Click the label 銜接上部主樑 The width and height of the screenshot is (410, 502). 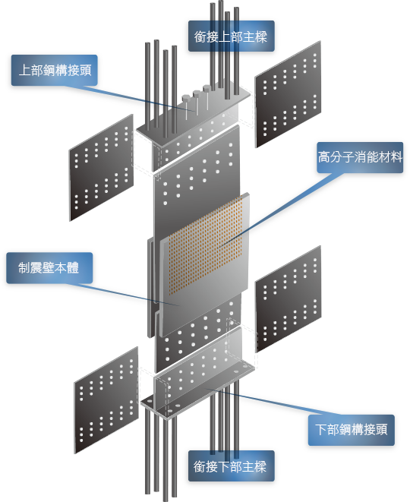click(x=231, y=36)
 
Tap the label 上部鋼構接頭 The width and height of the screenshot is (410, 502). click(x=55, y=70)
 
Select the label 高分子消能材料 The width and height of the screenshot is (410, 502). click(x=360, y=157)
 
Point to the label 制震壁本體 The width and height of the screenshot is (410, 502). click(x=49, y=267)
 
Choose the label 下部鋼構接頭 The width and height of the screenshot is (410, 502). click(x=352, y=429)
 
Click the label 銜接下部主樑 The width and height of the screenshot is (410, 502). click(x=230, y=466)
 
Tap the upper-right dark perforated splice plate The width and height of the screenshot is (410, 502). click(x=288, y=94)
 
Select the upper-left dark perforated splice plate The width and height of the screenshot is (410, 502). click(x=102, y=167)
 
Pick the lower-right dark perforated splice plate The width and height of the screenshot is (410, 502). click(x=289, y=299)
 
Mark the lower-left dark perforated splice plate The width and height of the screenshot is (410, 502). click(x=106, y=400)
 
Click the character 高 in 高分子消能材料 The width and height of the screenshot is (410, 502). click(x=324, y=157)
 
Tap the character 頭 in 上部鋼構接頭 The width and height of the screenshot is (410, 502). click(x=86, y=70)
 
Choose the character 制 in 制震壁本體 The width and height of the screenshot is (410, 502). click(x=24, y=267)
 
